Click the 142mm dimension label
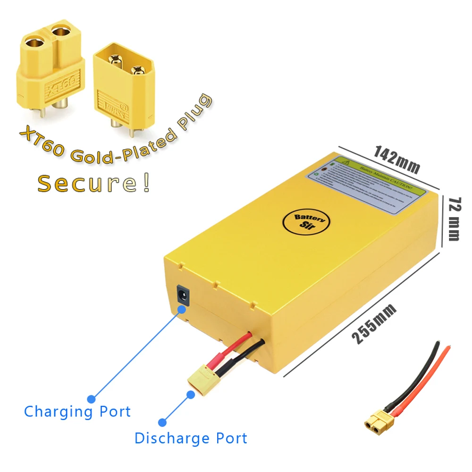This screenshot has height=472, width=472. pyautogui.click(x=396, y=159)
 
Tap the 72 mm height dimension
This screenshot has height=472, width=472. pyautogui.click(x=454, y=219)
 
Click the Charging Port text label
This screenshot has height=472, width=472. pyautogui.click(x=77, y=412)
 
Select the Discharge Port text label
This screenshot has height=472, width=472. pyautogui.click(x=191, y=438)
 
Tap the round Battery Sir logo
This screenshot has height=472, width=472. pyautogui.click(x=305, y=221)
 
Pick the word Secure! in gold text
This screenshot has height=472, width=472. pyautogui.click(x=94, y=183)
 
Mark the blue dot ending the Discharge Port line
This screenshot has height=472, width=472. pyautogui.click(x=162, y=422)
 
